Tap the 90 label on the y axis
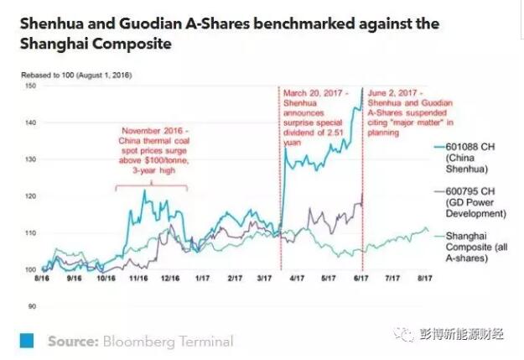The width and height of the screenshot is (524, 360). (29, 307)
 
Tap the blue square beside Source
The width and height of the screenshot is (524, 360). (29, 341)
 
